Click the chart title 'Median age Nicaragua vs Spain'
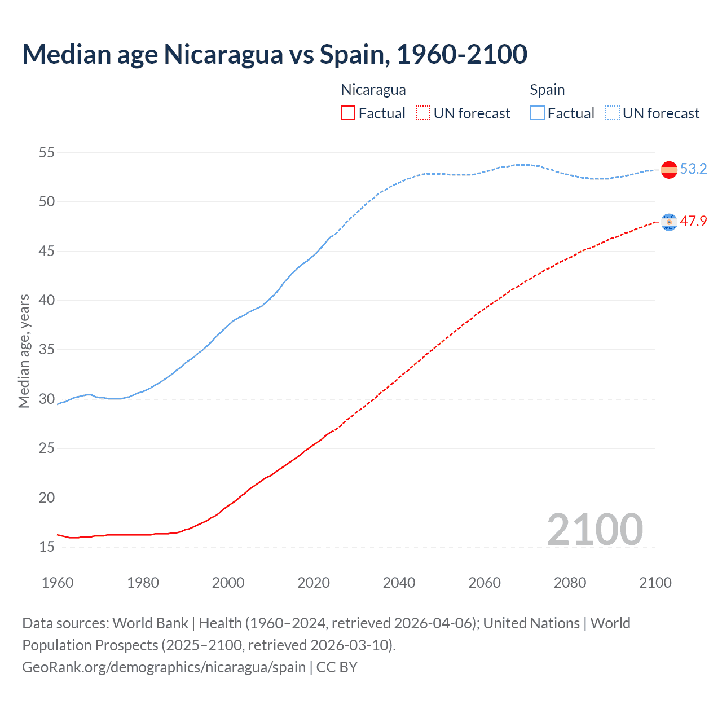pyautogui.click(x=275, y=55)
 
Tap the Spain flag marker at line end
pyautogui.click(x=669, y=170)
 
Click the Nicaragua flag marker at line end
pyautogui.click(x=669, y=222)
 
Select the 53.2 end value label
pyautogui.click(x=693, y=169)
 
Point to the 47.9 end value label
pyautogui.click(x=693, y=222)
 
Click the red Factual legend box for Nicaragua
pyautogui.click(x=348, y=113)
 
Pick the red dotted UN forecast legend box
pyautogui.click(x=423, y=113)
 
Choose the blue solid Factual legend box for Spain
pyautogui.click(x=538, y=113)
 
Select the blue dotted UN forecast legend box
pyautogui.click(x=613, y=113)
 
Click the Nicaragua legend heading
pyautogui.click(x=373, y=90)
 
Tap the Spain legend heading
pyautogui.click(x=547, y=90)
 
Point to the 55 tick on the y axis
pyautogui.click(x=47, y=152)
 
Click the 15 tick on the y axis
pyautogui.click(x=47, y=547)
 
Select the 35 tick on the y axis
pyautogui.click(x=47, y=350)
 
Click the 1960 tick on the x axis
pyautogui.click(x=58, y=583)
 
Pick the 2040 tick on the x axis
pyautogui.click(x=399, y=583)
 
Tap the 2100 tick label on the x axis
pyautogui.click(x=655, y=583)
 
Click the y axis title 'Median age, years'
pyautogui.click(x=24, y=351)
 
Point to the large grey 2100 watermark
pyautogui.click(x=595, y=529)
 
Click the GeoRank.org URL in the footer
pyautogui.click(x=164, y=667)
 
